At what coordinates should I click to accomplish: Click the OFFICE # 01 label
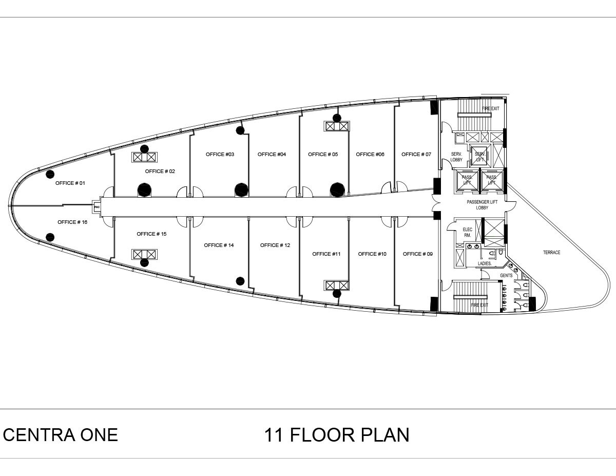70,183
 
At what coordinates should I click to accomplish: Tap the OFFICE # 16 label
72,222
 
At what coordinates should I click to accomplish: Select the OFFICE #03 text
220,155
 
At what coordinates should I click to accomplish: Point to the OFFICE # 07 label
416,155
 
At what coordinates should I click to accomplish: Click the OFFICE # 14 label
219,245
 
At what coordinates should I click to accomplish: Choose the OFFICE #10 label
372,254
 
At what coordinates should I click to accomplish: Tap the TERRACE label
552,253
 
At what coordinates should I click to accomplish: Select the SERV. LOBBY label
457,157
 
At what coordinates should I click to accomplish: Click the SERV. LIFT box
480,156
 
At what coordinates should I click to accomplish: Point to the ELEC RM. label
467,233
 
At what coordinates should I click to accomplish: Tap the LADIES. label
485,264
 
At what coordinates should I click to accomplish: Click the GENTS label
506,276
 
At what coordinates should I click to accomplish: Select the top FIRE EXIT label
490,109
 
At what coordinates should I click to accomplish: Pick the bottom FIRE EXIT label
479,306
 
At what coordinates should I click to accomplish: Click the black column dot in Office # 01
50,174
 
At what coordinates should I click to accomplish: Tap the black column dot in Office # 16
50,237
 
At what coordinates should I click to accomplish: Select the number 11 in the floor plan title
274,435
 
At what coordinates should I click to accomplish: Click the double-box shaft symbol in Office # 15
144,254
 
